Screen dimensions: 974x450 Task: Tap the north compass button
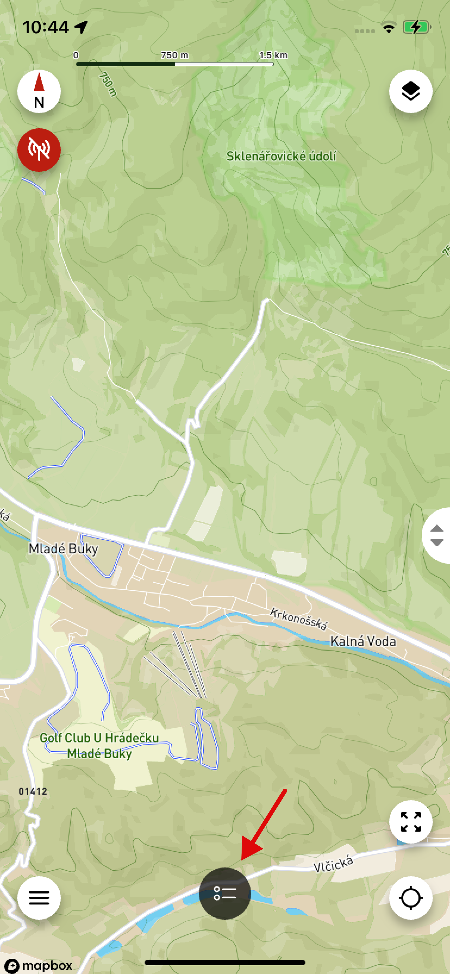click(x=39, y=91)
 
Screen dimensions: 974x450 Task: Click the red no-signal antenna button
click(x=39, y=150)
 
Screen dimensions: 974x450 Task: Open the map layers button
click(x=410, y=91)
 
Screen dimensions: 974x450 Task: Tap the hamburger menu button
click(x=39, y=898)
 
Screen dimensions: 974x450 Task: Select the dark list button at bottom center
click(x=225, y=893)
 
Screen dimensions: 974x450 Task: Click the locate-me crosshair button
click(x=410, y=898)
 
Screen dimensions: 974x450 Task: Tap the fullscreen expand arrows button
click(x=410, y=822)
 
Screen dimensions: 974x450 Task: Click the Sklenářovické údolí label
click(x=281, y=156)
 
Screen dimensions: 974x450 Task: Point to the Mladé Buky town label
click(x=63, y=549)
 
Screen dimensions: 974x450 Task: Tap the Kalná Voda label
click(x=363, y=641)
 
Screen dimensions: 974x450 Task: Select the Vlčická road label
click(x=333, y=864)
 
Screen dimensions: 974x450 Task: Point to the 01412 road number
click(x=33, y=791)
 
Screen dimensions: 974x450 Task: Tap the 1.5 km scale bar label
click(x=273, y=55)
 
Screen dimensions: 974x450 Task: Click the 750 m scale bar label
click(x=174, y=55)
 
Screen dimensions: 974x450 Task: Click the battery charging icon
click(x=416, y=27)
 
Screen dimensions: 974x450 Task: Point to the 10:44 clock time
click(x=46, y=27)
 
